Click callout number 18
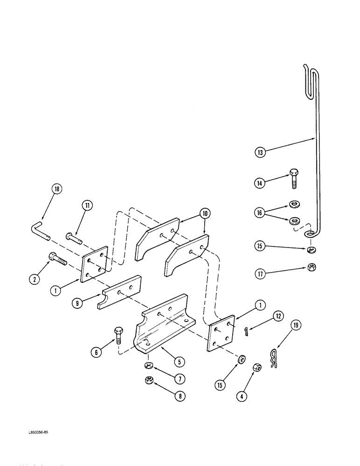[57, 189]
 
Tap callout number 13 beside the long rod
[260, 151]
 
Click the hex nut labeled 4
[256, 367]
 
